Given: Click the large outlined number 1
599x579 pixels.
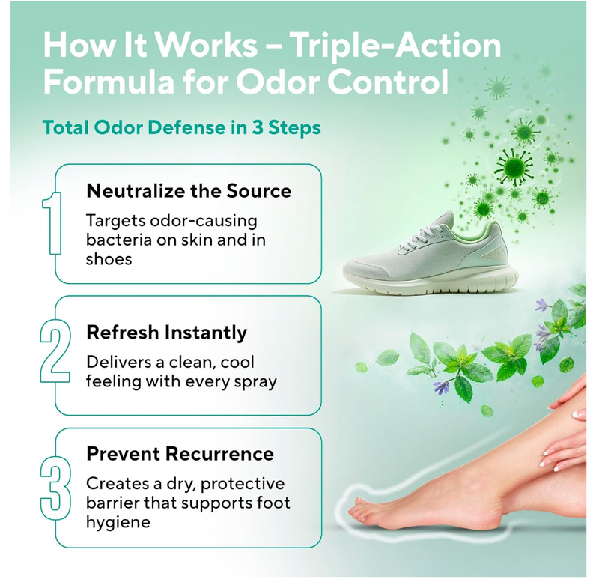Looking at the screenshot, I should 50,224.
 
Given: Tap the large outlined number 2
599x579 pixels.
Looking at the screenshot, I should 50,355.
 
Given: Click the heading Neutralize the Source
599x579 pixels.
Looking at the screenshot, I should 189,190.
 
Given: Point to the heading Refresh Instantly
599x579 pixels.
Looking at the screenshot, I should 166,331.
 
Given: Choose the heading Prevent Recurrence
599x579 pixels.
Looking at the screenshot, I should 180,454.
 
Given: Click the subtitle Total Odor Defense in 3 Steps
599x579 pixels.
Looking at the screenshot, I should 181,127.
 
